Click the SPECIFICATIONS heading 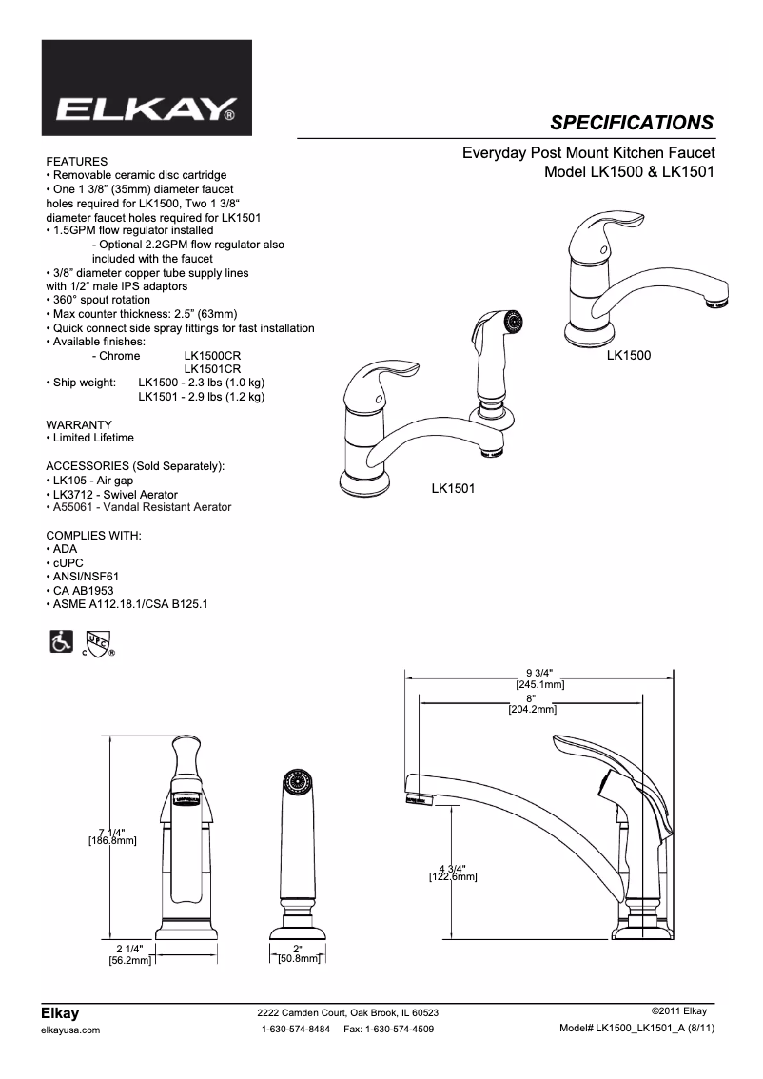tap(632, 122)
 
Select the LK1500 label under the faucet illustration tap(628, 355)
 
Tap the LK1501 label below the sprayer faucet tap(453, 488)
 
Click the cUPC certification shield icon tap(98, 644)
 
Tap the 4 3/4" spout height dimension tap(453, 868)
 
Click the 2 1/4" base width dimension tap(130, 950)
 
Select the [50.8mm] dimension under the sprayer tap(299, 960)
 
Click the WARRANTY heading tap(79, 424)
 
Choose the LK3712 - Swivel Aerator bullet tap(93, 494)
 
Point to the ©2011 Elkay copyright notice tap(678, 1010)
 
